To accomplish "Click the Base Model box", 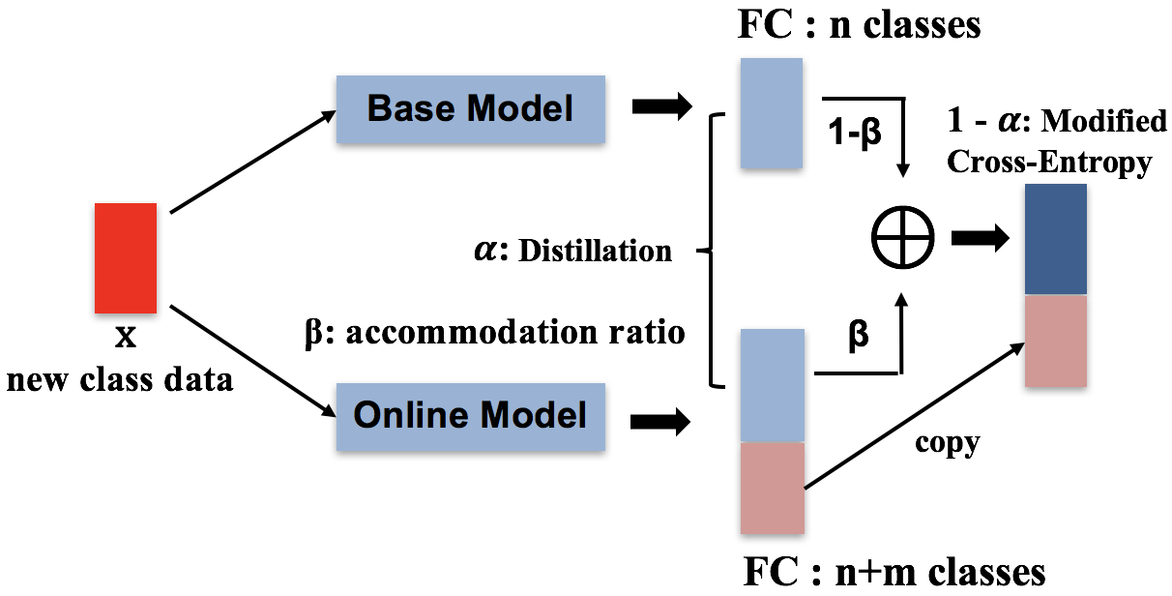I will (470, 108).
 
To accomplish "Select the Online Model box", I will (470, 416).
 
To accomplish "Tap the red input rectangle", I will (125, 257).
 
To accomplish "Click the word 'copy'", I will (947, 442).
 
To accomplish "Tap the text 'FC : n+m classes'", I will (894, 571).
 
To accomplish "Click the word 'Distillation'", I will (596, 252).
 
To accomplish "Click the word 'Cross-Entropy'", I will (1048, 162).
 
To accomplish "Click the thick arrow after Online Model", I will (661, 421).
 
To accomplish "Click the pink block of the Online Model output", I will (772, 487).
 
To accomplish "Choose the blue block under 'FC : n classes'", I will (771, 113).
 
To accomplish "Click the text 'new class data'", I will (120, 379).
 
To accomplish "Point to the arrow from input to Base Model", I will (251, 162).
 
